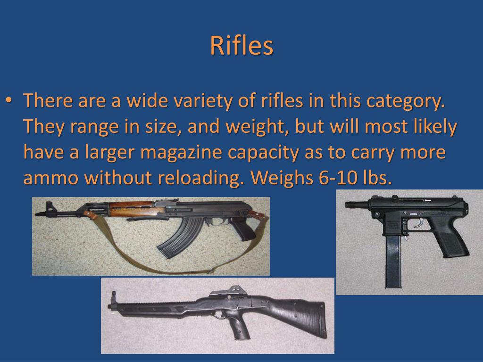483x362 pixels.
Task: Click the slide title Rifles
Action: (x=241, y=46)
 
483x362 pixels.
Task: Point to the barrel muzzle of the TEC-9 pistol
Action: (x=349, y=205)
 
